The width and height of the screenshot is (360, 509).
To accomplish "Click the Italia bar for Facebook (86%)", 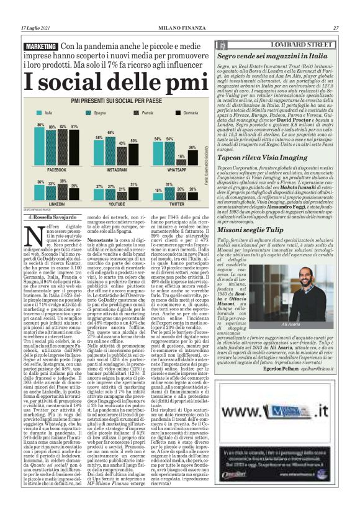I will [x=40, y=145].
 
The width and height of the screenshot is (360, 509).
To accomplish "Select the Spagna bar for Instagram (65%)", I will [x=112, y=148].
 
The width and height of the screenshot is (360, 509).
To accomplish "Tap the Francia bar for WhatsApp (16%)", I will [x=181, y=160].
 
